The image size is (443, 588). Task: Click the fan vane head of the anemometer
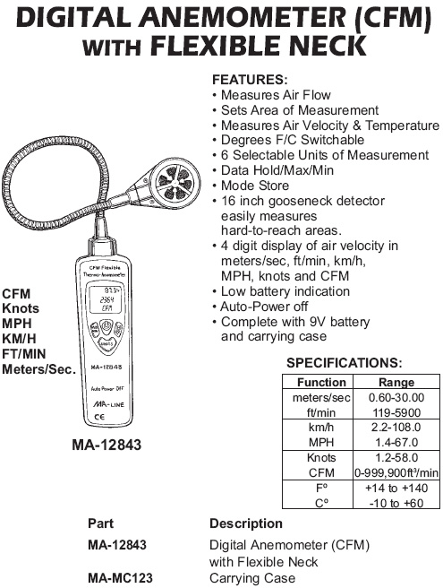click(175, 182)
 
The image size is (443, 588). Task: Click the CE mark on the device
click(99, 417)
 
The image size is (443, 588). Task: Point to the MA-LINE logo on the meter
click(108, 404)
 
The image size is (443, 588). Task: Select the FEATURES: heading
click(250, 80)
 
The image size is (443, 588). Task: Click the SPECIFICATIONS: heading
click(345, 363)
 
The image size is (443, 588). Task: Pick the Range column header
click(396, 382)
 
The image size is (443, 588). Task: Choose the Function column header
click(321, 382)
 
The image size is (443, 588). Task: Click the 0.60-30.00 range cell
click(396, 397)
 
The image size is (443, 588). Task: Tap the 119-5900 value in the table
click(396, 412)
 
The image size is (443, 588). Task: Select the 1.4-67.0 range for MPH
click(396, 443)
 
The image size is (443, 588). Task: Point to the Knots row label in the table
click(321, 457)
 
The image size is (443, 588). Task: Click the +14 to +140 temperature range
click(396, 488)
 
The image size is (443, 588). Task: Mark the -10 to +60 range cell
click(396, 503)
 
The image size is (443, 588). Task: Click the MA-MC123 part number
click(120, 578)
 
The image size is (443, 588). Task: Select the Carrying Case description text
click(252, 578)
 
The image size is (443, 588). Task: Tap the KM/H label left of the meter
click(19, 339)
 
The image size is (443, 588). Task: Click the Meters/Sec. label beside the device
click(39, 369)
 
